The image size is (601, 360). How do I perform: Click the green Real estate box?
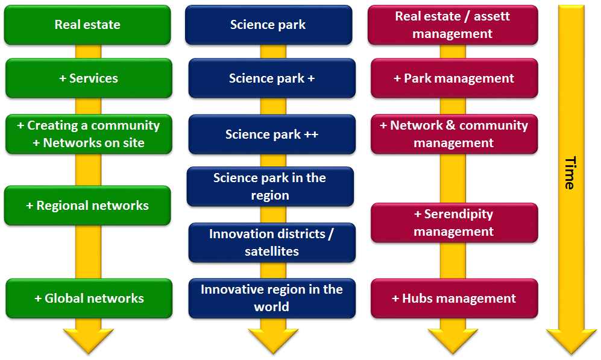coord(87,25)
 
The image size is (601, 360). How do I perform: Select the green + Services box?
coord(89,78)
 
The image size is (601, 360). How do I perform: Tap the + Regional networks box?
coord(87,206)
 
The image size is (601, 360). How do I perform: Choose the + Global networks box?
coord(89,298)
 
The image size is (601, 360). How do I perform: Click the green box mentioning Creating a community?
coord(89,134)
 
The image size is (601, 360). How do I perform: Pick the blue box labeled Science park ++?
coord(272,134)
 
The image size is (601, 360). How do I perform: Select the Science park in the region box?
coord(270,186)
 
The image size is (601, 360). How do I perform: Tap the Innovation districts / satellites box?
coord(272,242)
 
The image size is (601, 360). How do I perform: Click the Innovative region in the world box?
coord(272,298)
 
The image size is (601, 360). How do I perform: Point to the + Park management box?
coord(454,78)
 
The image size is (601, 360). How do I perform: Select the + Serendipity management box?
coord(454,223)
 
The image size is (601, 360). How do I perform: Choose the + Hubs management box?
coord(454,298)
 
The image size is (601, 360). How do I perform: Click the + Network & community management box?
coord(454,134)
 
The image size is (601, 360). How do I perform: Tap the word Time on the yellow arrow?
coord(569,173)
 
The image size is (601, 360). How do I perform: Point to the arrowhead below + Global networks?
coord(89,341)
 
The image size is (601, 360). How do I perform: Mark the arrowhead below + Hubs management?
coord(453,341)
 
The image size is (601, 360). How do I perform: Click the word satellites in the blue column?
coord(272,251)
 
